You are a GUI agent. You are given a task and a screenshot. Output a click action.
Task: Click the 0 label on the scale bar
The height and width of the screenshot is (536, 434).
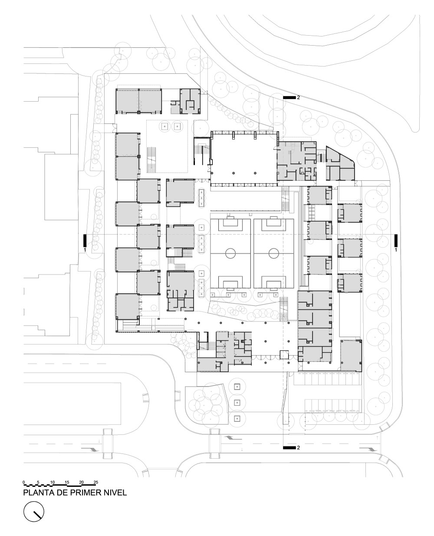click(24, 483)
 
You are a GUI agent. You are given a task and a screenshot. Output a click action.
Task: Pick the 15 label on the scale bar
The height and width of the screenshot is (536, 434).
click(67, 483)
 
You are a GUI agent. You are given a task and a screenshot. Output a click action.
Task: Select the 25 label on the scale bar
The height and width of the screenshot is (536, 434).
click(95, 483)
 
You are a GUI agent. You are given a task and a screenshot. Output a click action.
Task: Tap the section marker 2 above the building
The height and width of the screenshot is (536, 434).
click(289, 98)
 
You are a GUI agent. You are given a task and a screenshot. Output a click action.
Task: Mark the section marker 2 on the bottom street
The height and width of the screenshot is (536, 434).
click(289, 447)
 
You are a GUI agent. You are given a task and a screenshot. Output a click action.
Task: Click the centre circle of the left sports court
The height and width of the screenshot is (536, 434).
click(230, 253)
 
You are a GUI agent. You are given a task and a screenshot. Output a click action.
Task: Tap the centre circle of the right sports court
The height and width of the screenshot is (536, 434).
click(273, 253)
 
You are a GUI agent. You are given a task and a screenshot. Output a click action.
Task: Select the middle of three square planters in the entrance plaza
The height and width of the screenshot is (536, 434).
click(237, 402)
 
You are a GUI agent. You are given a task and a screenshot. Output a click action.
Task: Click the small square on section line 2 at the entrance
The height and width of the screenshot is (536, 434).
click(284, 355)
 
